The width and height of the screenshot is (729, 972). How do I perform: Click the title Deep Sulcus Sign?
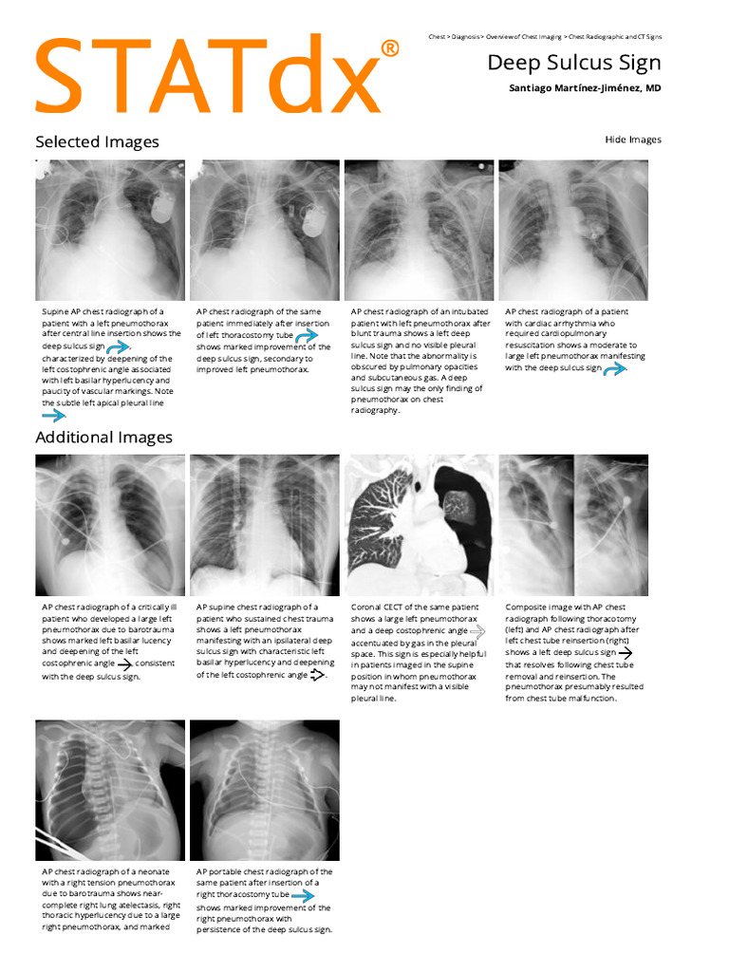coord(573,63)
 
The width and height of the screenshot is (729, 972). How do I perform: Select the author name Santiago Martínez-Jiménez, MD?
coord(585,88)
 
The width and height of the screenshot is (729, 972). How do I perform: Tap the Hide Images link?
coord(632,140)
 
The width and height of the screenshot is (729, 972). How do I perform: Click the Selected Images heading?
coord(97,142)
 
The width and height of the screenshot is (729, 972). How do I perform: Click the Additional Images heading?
coord(103,438)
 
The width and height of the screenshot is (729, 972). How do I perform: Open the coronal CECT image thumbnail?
coord(419,525)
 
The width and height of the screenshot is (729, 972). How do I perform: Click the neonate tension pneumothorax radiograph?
coord(110,790)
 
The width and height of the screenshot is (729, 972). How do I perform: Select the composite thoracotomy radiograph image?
coord(573,525)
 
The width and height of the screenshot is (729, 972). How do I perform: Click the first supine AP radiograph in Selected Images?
coord(110,230)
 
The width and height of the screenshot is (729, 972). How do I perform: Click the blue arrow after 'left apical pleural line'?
coord(53,415)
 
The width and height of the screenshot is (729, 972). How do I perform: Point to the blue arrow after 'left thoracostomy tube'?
coord(306,335)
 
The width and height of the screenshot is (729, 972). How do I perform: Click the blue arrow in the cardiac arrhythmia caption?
coord(615,368)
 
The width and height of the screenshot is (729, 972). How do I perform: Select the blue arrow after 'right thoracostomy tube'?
coord(302,895)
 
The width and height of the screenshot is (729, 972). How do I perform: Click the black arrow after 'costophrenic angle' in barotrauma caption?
coord(123,664)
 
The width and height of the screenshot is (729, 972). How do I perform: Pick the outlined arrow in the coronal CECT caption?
coord(477,630)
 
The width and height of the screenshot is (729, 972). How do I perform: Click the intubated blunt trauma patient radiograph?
coord(419,230)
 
